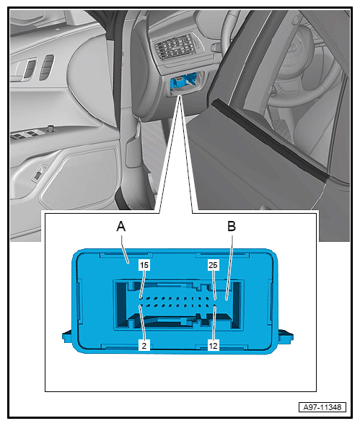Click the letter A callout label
(x=121, y=226)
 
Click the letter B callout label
(x=232, y=226)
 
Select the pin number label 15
(x=144, y=265)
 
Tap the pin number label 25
(x=213, y=265)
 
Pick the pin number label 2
(x=144, y=346)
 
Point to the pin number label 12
(x=213, y=346)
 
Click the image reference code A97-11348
(x=322, y=407)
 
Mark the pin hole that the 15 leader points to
(x=140, y=298)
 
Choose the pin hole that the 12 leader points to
(x=215, y=306)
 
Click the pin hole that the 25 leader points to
(x=215, y=299)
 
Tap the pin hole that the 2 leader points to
(x=140, y=306)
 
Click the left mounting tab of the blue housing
(x=67, y=336)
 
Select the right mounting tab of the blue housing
(x=285, y=336)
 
